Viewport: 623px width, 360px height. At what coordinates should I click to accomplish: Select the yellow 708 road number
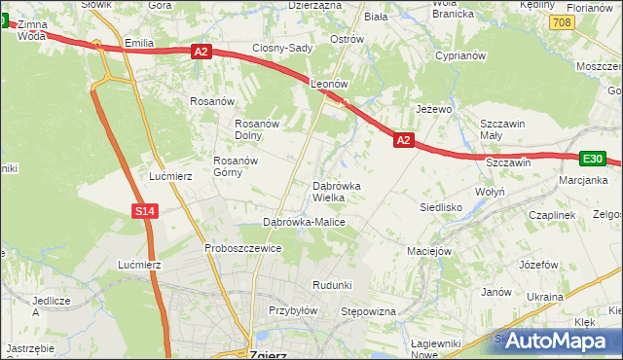pos(560,20)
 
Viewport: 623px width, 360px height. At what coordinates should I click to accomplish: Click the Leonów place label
pos(329,85)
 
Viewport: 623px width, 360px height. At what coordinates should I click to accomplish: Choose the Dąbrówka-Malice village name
pos(305,222)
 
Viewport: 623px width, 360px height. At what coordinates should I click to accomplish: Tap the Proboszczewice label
pos(242,248)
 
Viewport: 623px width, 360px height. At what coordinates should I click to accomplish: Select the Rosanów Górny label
pos(240,166)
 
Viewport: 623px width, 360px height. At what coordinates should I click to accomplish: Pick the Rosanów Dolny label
pos(258,129)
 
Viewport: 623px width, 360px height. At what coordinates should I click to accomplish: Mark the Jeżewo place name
pos(434,109)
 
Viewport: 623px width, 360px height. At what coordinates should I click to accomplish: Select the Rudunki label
pos(331,284)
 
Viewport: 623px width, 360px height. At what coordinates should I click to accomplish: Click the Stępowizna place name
pos(368,311)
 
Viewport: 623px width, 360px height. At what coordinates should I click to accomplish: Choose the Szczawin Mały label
pos(503,129)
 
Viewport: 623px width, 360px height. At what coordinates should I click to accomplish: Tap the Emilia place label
pos(140,43)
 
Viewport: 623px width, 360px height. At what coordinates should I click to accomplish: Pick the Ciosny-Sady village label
pos(281,48)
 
